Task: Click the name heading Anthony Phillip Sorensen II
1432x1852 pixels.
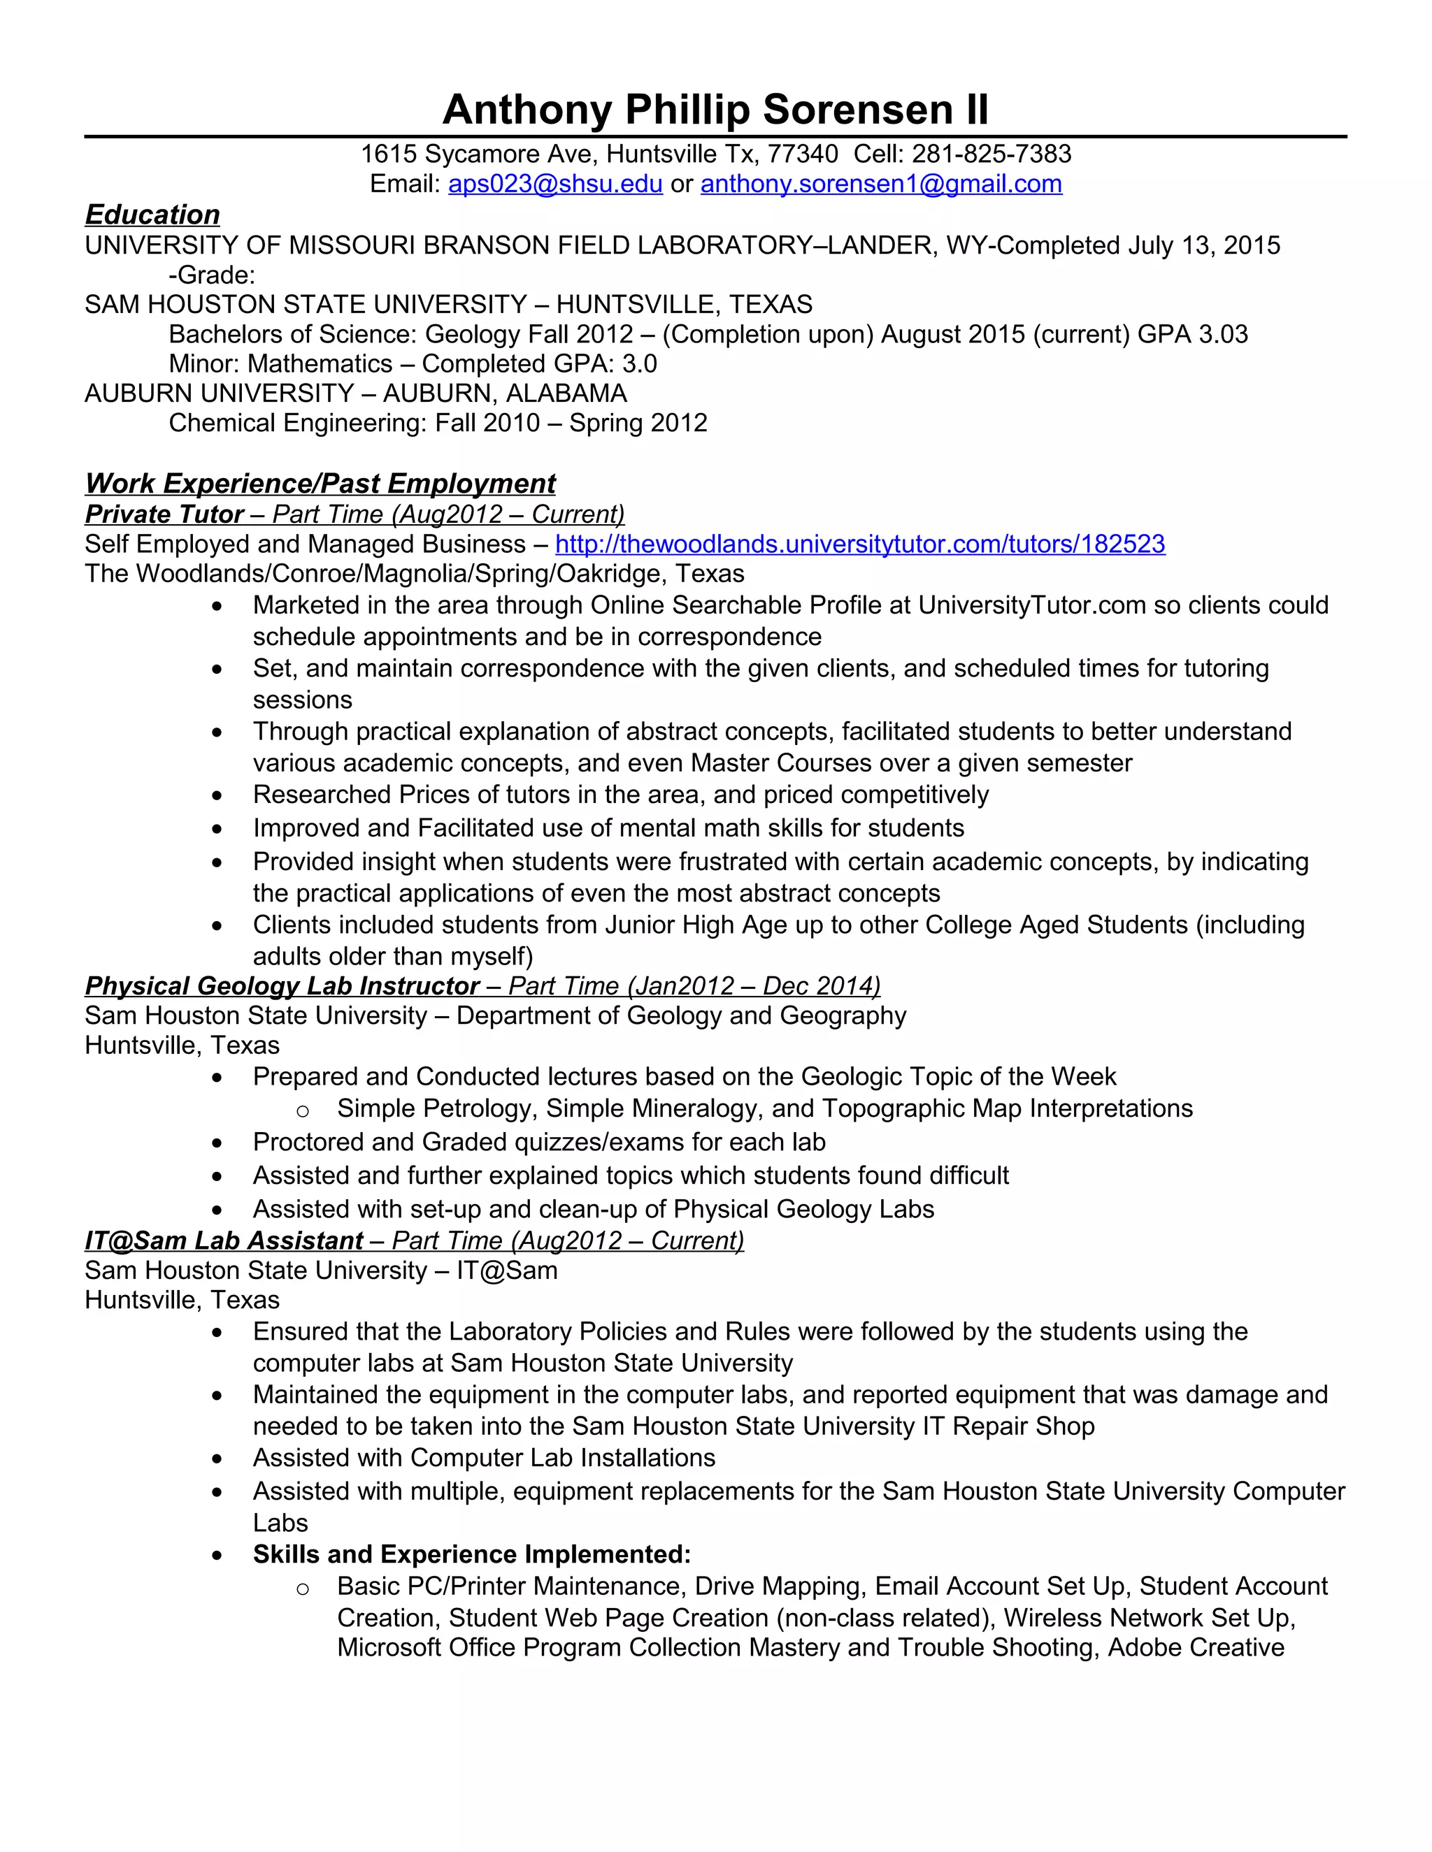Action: pos(715,110)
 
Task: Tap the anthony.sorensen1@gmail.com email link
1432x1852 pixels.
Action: pos(880,184)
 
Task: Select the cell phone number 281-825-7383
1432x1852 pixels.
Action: pos(991,154)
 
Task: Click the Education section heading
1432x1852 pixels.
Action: pos(152,215)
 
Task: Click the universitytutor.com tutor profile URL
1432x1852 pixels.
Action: pos(859,544)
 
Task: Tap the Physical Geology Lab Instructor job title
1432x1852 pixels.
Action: pos(282,986)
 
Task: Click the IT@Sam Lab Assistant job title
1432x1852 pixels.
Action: pos(224,1240)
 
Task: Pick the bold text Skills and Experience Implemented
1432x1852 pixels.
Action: pos(472,1554)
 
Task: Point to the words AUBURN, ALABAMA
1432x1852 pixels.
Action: pos(505,393)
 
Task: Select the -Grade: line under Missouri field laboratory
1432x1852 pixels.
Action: pos(212,275)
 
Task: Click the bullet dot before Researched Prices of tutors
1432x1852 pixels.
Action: pos(218,796)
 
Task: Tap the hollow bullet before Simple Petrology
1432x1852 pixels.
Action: pos(303,1110)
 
